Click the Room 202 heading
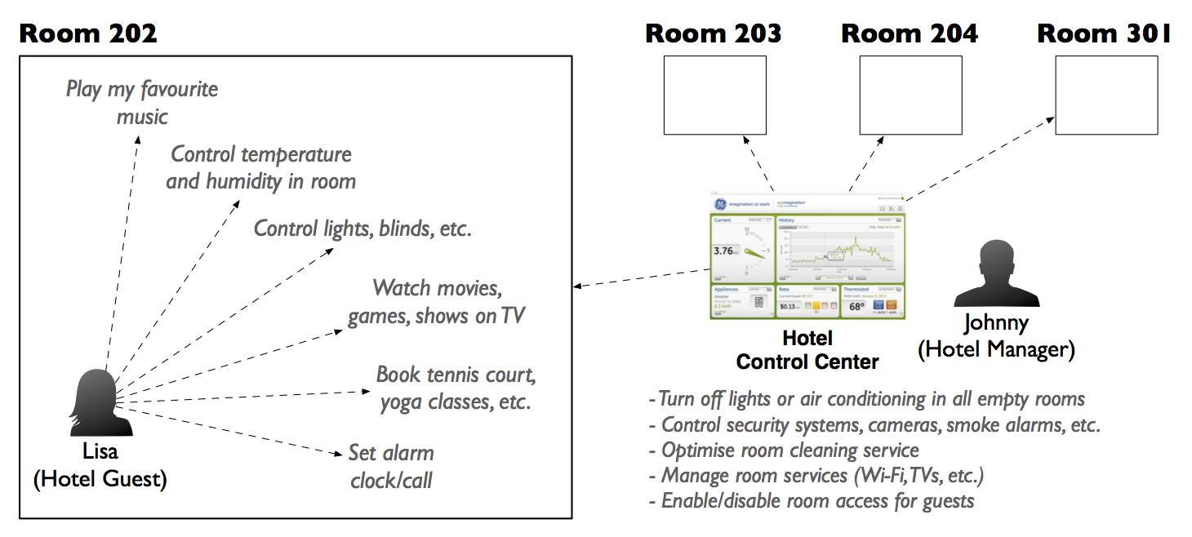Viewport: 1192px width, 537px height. tap(88, 33)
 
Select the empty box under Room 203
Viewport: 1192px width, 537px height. tap(714, 95)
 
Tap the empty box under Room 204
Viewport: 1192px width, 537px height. tap(910, 95)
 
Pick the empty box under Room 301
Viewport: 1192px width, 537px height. tap(1106, 95)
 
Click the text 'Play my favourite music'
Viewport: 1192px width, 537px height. tap(142, 102)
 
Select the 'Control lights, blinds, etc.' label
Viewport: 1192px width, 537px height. tap(363, 229)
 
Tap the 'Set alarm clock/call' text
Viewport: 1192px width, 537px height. tap(391, 466)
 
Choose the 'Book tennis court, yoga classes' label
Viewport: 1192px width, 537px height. tap(456, 388)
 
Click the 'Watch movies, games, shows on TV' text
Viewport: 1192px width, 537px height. tap(436, 301)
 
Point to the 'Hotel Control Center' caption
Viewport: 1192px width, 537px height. tap(807, 349)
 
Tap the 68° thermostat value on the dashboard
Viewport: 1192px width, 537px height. tap(856, 307)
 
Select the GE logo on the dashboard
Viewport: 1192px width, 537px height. tap(723, 204)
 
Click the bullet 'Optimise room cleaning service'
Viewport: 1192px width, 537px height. tap(784, 450)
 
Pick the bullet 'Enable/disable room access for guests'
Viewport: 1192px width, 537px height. tap(812, 500)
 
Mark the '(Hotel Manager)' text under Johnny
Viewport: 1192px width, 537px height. tap(996, 349)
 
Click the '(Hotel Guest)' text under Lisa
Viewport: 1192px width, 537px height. tap(100, 479)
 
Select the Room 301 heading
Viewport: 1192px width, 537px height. tap(1104, 33)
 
